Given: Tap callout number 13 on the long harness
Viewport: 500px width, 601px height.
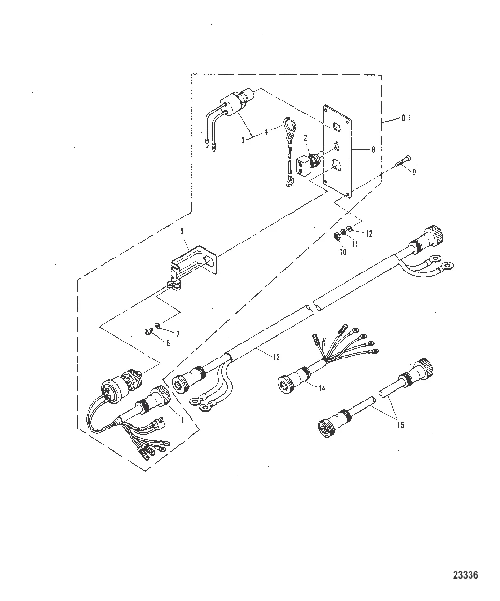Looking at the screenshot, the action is tap(276, 357).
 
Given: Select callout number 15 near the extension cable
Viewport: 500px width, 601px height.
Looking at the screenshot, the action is tap(401, 425).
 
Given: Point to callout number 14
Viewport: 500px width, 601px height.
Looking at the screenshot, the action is tap(322, 388).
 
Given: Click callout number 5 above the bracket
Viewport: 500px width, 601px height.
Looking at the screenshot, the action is tap(182, 231).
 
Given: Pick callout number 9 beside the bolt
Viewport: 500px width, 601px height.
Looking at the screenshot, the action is tap(414, 172).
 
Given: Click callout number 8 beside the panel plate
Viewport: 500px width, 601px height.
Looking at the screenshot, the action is tap(373, 149).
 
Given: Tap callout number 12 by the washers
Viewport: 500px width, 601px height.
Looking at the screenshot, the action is tap(369, 233).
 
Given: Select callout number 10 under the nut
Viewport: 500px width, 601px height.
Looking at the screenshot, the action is tap(343, 252).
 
